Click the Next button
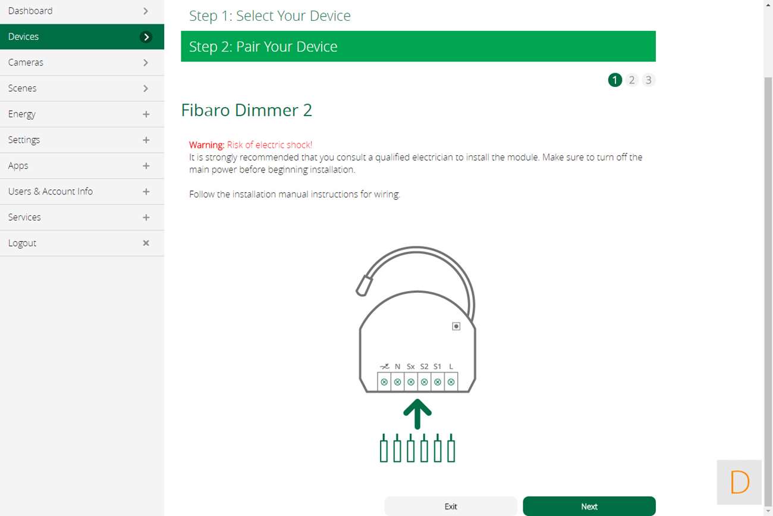(x=589, y=506)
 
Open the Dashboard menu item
(x=30, y=11)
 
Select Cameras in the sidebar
(x=26, y=62)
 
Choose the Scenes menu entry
(x=23, y=89)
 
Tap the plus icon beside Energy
(x=146, y=114)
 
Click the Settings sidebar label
(x=24, y=140)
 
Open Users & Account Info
(x=51, y=191)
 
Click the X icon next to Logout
(x=146, y=243)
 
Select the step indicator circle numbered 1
(x=615, y=80)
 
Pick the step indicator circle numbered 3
(x=648, y=80)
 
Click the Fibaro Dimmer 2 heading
(x=246, y=110)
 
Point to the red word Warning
(x=206, y=145)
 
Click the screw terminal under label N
(x=398, y=382)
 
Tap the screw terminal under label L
(x=451, y=382)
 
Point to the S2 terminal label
(x=424, y=367)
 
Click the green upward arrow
(x=417, y=414)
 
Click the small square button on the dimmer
(x=456, y=326)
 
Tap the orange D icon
(x=740, y=482)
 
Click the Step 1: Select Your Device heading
(x=270, y=16)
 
